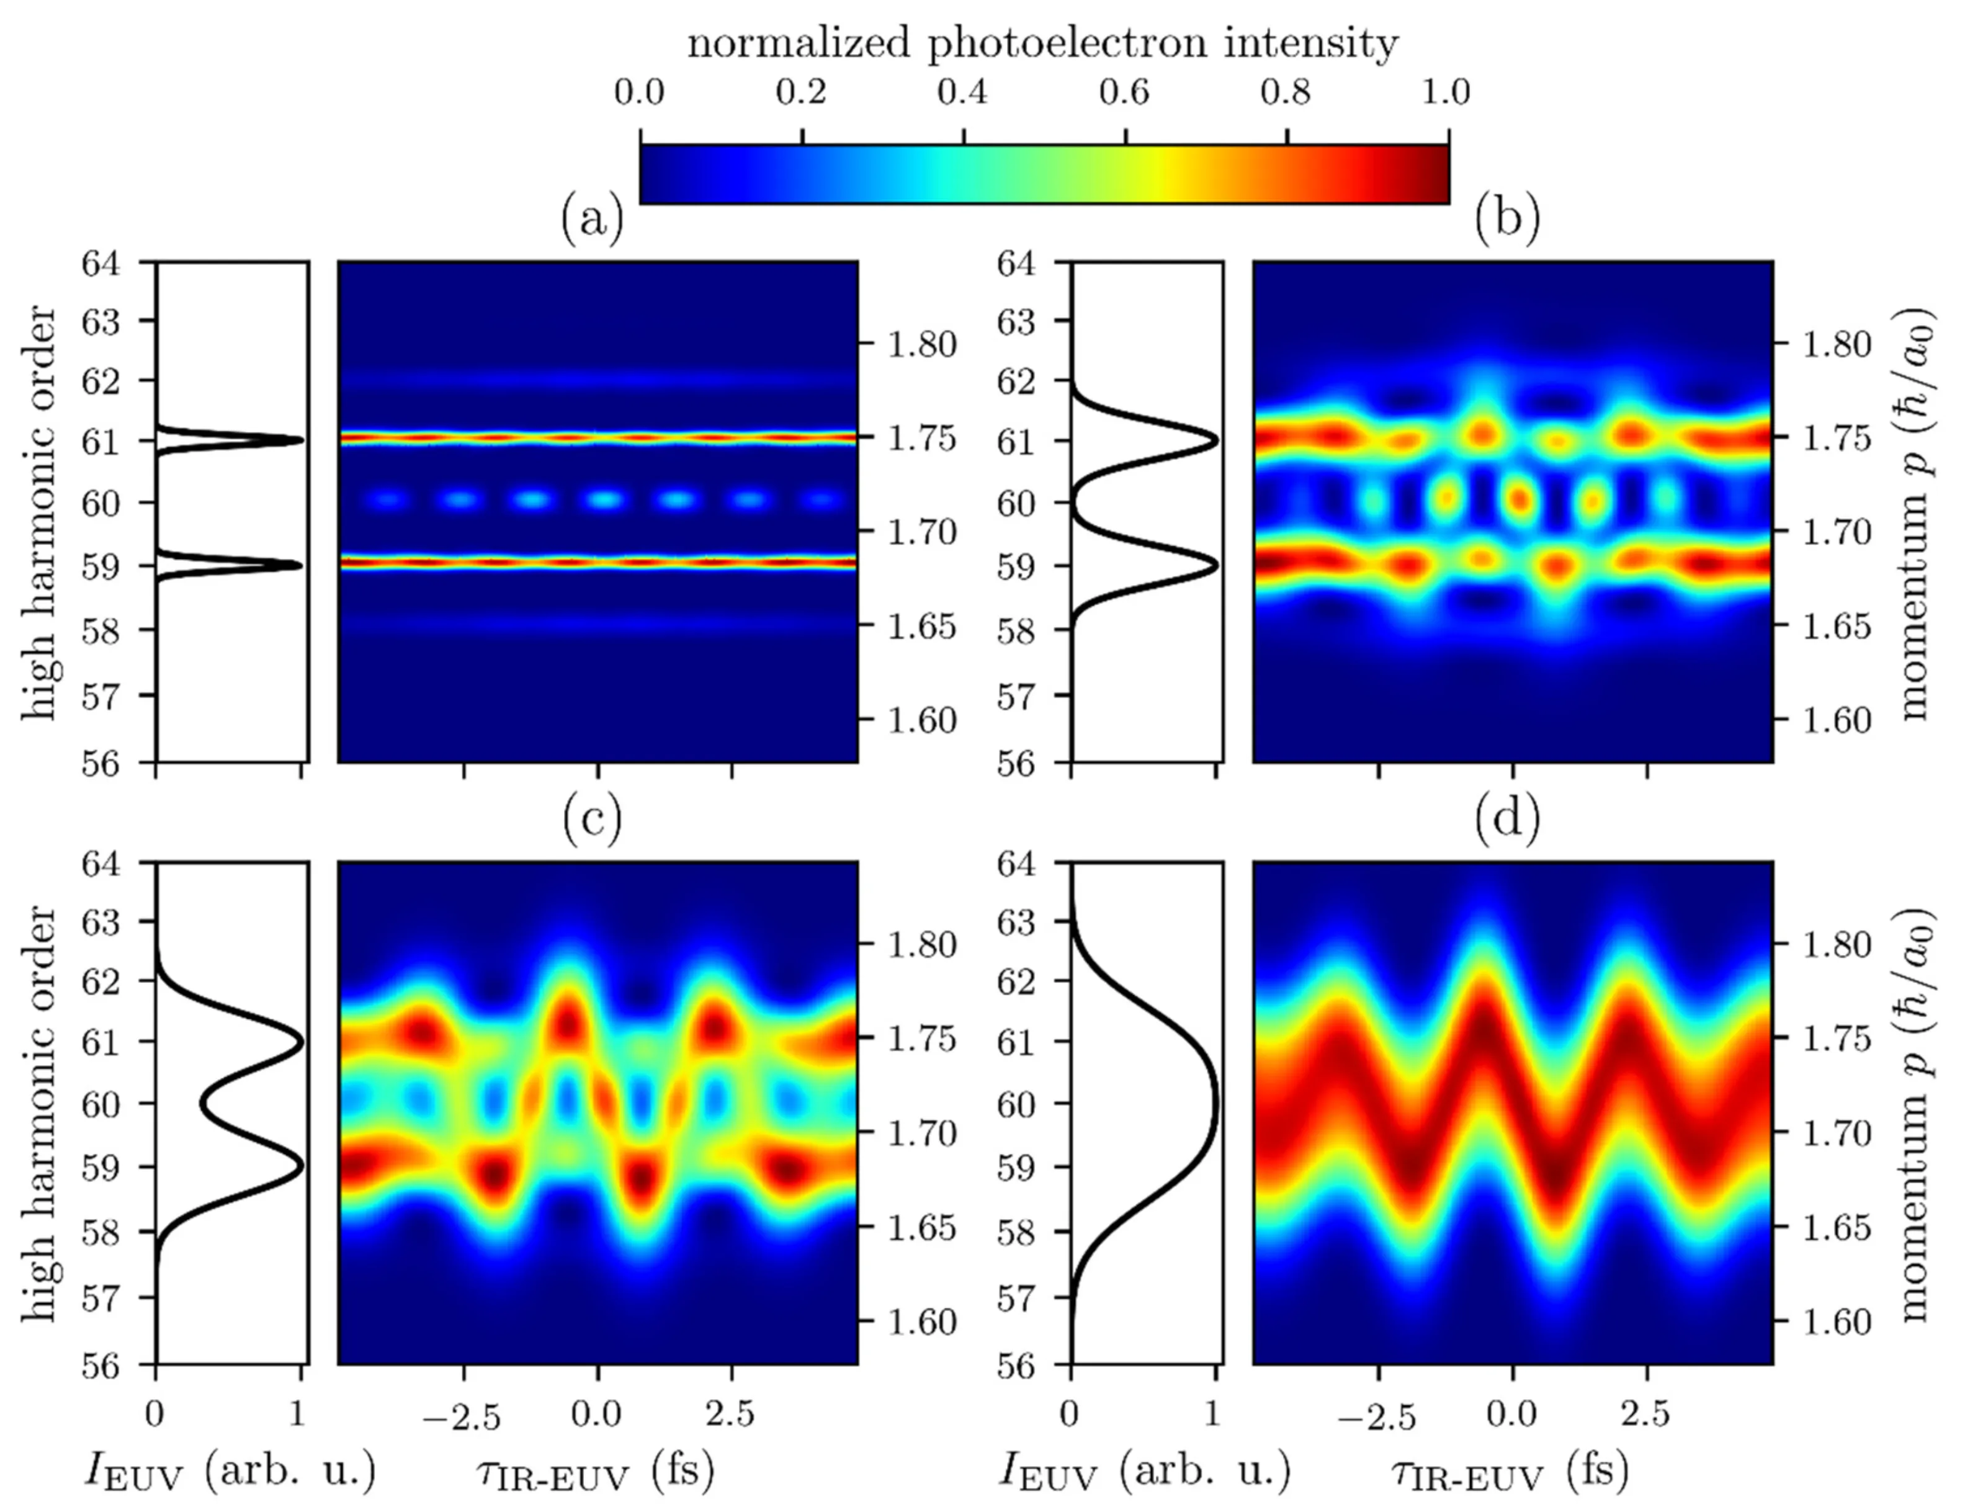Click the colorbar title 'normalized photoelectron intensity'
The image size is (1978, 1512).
tap(1042, 43)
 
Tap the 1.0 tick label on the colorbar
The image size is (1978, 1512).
tap(1446, 92)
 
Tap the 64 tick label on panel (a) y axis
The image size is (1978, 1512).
tap(102, 264)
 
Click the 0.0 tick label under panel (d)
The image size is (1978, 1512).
tap(1512, 1414)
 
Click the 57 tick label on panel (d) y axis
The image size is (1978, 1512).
tap(1017, 1299)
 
